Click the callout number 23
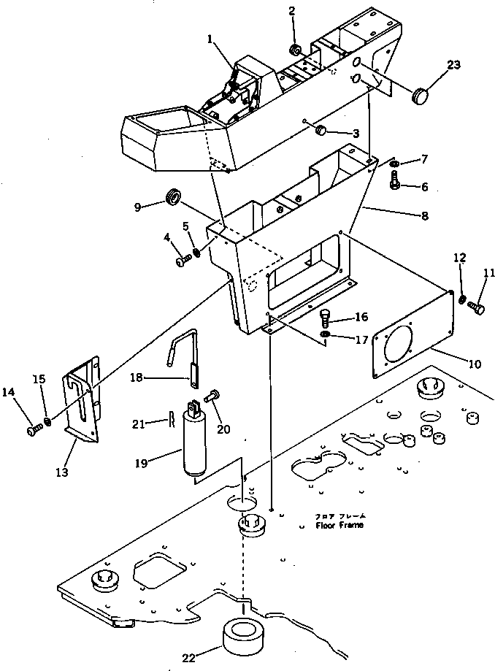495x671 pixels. coord(453,64)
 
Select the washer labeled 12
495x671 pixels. coord(463,299)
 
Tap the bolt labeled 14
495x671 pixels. coord(32,431)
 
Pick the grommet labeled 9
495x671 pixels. coord(172,198)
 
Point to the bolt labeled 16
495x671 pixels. coord(326,318)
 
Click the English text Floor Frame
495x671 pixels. coord(339,525)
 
